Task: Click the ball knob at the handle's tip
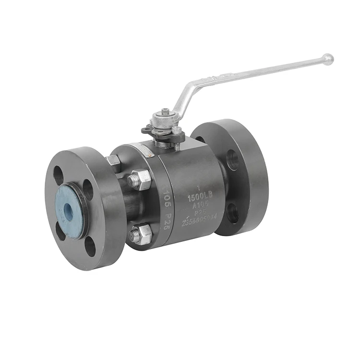[328, 60]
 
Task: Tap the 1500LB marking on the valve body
[200, 195]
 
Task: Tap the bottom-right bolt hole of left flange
[90, 246]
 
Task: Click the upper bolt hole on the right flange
[232, 159]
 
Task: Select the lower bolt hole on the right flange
[232, 213]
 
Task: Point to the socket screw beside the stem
[177, 131]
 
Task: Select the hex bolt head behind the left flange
[114, 162]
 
